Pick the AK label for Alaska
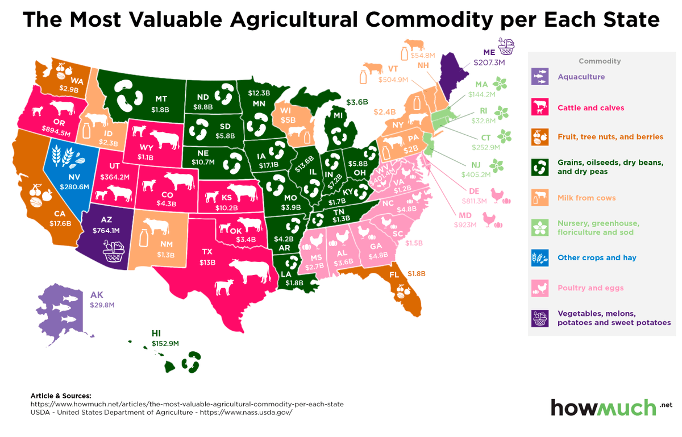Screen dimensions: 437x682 pos(97,296)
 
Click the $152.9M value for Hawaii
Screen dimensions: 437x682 pos(165,343)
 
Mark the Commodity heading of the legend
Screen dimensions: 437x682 pos(600,61)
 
